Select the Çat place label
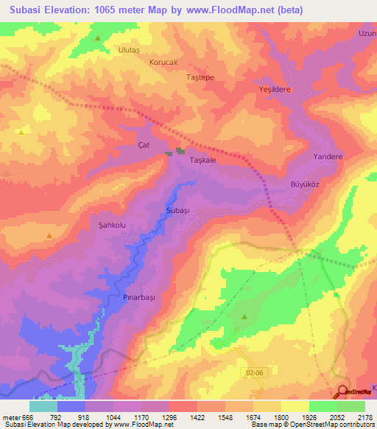(x=144, y=145)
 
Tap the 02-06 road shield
(x=255, y=374)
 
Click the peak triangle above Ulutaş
(x=97, y=37)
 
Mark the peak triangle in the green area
(x=244, y=317)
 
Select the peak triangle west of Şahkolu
(x=49, y=236)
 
